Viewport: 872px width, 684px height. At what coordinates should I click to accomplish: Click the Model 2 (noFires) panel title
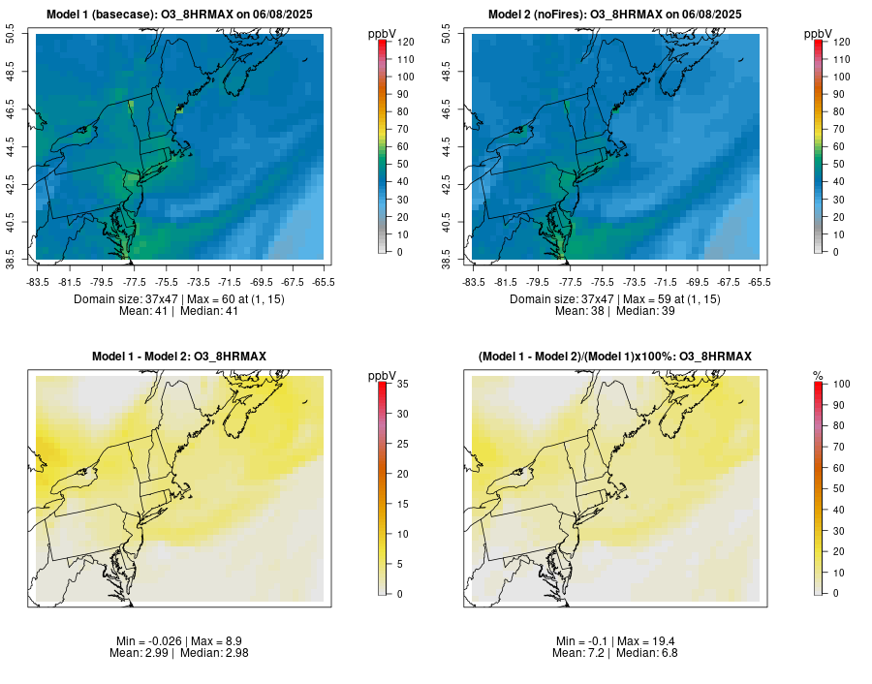(615, 14)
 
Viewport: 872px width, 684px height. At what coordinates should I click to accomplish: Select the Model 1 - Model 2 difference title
(179, 357)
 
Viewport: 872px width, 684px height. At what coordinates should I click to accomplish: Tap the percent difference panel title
(615, 357)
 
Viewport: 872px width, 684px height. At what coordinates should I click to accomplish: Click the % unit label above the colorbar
(818, 375)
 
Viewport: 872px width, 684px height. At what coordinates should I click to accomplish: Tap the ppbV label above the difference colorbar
(382, 375)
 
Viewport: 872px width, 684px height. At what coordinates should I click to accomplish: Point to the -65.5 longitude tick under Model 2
(760, 282)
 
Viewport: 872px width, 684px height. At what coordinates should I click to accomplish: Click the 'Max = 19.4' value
(644, 641)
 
